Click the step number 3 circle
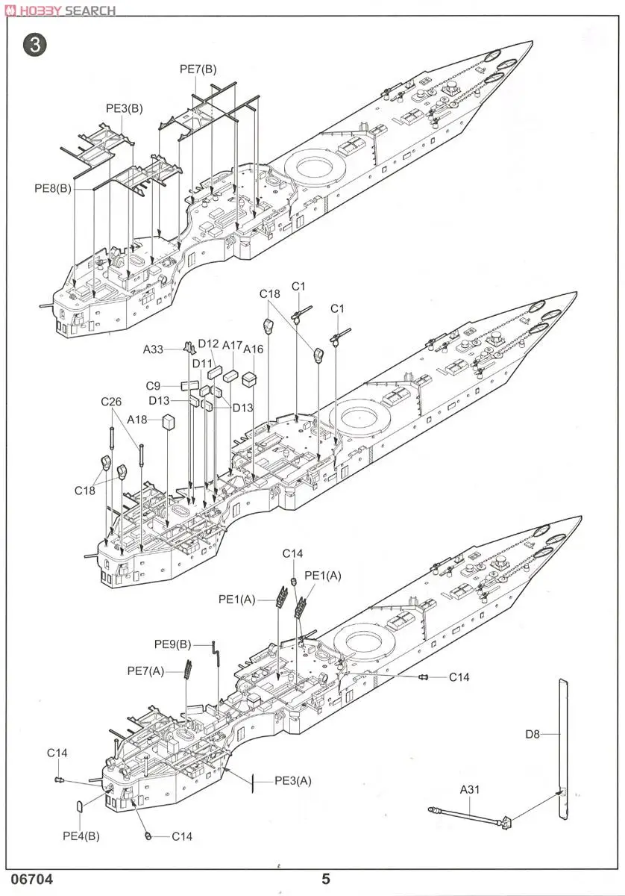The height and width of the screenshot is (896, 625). [x=35, y=45]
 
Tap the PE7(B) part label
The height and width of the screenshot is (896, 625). [x=198, y=69]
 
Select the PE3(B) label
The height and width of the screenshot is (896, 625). [x=124, y=108]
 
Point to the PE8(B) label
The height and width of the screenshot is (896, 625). [x=53, y=189]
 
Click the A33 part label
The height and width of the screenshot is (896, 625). [x=154, y=348]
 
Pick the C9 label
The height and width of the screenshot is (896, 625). [x=153, y=386]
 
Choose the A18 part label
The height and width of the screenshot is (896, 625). [x=136, y=420]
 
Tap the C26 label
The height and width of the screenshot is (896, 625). [x=111, y=402]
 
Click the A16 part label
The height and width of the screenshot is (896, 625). [x=254, y=349]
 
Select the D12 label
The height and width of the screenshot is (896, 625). [x=208, y=343]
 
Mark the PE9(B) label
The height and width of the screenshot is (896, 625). [x=173, y=644]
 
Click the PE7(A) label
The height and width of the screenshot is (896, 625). [x=145, y=671]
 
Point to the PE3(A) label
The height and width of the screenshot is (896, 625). [x=293, y=781]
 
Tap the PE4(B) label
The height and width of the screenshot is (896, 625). [x=81, y=836]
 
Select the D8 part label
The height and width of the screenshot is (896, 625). [x=532, y=734]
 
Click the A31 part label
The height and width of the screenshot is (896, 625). [x=470, y=788]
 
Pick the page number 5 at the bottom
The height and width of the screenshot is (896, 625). [x=325, y=880]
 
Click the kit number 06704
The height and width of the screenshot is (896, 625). [x=32, y=880]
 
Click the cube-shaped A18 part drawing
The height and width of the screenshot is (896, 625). [x=169, y=422]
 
